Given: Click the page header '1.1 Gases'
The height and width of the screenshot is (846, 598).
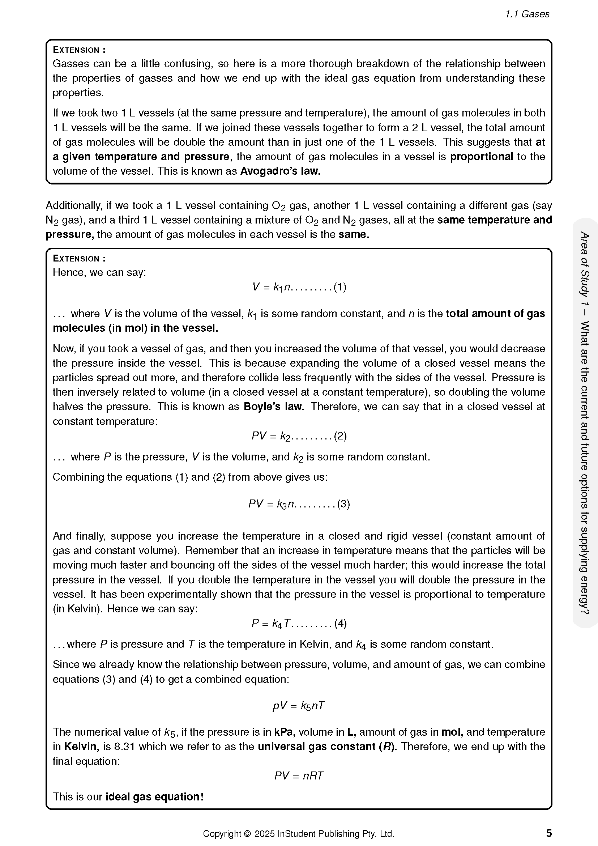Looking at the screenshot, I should tap(527, 14).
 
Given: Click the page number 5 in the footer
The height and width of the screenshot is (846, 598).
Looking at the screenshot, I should tap(549, 833).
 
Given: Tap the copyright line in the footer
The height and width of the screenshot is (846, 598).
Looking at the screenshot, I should tap(298, 834).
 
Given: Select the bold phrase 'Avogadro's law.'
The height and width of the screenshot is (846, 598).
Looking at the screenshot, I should tap(280, 171).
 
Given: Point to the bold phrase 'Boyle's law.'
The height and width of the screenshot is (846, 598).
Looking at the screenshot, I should tap(274, 407).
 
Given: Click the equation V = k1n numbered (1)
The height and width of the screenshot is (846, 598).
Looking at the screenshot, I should tap(299, 287).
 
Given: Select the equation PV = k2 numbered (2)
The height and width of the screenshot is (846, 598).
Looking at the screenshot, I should tap(299, 436).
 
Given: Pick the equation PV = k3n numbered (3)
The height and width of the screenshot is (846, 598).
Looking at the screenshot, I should tap(299, 504).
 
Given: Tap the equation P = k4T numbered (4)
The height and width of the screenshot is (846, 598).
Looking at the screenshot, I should tap(299, 623).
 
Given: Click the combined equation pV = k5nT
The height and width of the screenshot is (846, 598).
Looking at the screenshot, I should tap(299, 706).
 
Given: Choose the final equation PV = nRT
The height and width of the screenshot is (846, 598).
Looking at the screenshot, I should tap(299, 775).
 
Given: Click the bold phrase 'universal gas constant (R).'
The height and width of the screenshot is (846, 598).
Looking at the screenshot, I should tap(327, 747).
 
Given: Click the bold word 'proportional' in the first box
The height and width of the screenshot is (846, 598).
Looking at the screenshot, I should tap(481, 157).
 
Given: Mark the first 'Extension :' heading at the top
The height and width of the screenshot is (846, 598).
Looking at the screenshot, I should tap(79, 50).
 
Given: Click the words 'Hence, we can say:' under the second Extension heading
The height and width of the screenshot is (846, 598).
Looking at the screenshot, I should tap(99, 272).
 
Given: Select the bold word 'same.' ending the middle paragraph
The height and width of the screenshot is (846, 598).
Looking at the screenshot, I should tap(354, 234).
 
